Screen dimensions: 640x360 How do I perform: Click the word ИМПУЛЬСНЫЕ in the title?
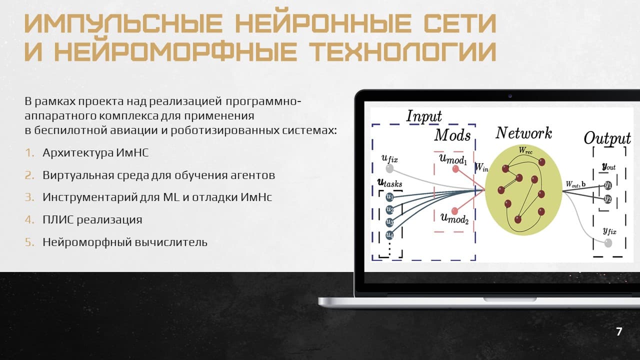click(123, 23)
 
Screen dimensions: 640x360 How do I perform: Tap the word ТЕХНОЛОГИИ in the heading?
click(402, 51)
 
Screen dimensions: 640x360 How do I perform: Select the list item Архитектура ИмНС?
click(95, 153)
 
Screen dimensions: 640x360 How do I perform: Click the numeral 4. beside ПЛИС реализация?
click(29, 219)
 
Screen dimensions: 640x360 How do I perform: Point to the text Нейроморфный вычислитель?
click(125, 242)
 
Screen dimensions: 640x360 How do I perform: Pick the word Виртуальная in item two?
click(78, 175)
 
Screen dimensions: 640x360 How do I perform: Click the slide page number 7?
click(619, 331)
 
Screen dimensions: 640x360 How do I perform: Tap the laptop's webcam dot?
click(510, 96)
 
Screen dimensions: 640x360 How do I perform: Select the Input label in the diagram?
click(424, 116)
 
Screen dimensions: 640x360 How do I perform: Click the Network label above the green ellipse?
click(523, 133)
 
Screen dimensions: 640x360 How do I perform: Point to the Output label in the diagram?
click(607, 138)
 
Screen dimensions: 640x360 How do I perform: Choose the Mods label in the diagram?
click(452, 135)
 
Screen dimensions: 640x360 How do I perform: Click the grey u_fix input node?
click(389, 168)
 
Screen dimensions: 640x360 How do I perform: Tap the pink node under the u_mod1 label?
click(455, 169)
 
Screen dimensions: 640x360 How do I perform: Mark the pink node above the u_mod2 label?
click(455, 211)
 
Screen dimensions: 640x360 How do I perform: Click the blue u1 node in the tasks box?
click(389, 197)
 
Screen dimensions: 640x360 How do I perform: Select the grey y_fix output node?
click(608, 243)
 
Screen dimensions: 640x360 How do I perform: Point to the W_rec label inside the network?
click(525, 150)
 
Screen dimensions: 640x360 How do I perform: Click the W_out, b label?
click(575, 184)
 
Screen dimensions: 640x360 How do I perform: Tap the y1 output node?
click(608, 185)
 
